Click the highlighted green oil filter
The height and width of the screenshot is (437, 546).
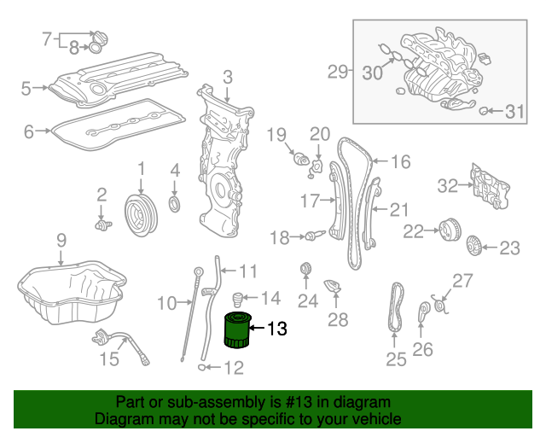(x=237, y=331)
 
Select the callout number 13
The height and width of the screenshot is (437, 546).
(x=278, y=328)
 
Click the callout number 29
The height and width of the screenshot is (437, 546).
(x=339, y=73)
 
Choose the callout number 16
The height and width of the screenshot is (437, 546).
(x=400, y=160)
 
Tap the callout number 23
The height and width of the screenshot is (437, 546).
(x=509, y=248)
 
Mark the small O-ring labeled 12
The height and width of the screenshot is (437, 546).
(x=202, y=368)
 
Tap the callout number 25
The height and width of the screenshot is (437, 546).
(x=396, y=359)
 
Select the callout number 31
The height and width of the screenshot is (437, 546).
(x=513, y=111)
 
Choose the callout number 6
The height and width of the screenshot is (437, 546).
(x=28, y=131)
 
